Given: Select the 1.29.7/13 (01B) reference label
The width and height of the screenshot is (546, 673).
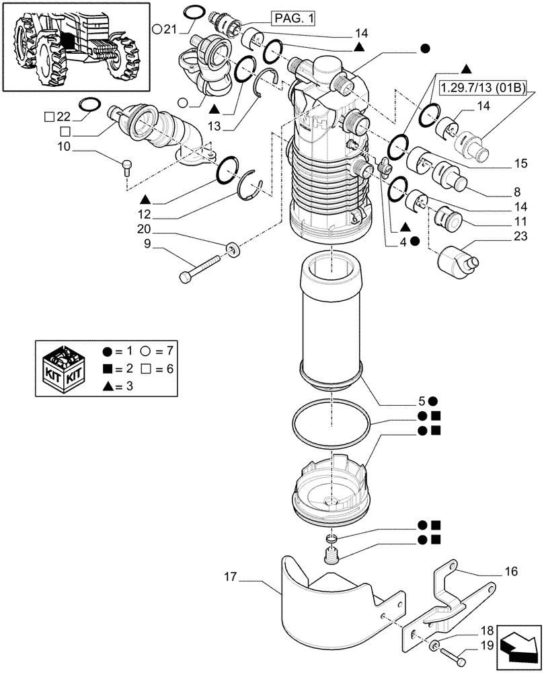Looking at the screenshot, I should pos(483,89).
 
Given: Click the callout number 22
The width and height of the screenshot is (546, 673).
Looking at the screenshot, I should pos(63,116).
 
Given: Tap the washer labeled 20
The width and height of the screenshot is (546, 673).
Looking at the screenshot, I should pos(235,250).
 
